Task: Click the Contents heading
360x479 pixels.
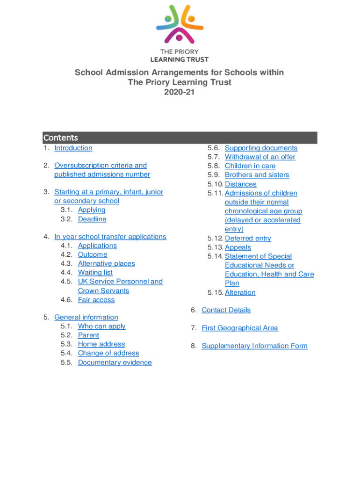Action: tap(61, 138)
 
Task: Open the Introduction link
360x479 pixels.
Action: tap(73, 148)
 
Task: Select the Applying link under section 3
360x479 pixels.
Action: tap(92, 210)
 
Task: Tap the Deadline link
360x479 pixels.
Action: tap(92, 219)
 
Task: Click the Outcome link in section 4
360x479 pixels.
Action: tap(93, 254)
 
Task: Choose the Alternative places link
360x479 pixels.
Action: tap(106, 263)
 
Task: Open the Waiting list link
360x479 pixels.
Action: tap(95, 272)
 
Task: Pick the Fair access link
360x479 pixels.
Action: tap(96, 300)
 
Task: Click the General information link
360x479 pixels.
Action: tap(86, 317)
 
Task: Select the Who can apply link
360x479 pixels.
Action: tap(101, 326)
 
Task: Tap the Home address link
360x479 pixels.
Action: tap(101, 344)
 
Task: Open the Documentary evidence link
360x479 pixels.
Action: tap(115, 363)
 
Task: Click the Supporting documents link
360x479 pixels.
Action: tap(261, 148)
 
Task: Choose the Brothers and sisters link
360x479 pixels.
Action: tap(257, 175)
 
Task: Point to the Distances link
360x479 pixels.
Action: tap(240, 184)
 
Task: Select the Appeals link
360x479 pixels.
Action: tap(238, 247)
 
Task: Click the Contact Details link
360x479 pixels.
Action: tap(226, 310)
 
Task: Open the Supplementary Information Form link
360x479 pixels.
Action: tap(254, 346)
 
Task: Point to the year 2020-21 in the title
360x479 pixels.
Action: tap(180, 92)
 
